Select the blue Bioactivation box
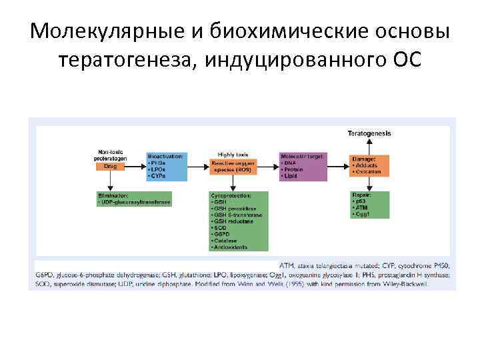coord(165,167)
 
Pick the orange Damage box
coord(370,166)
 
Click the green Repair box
coord(370,203)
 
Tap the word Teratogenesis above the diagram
coord(369,133)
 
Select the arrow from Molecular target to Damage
coord(339,167)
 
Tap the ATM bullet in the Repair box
coord(362,208)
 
